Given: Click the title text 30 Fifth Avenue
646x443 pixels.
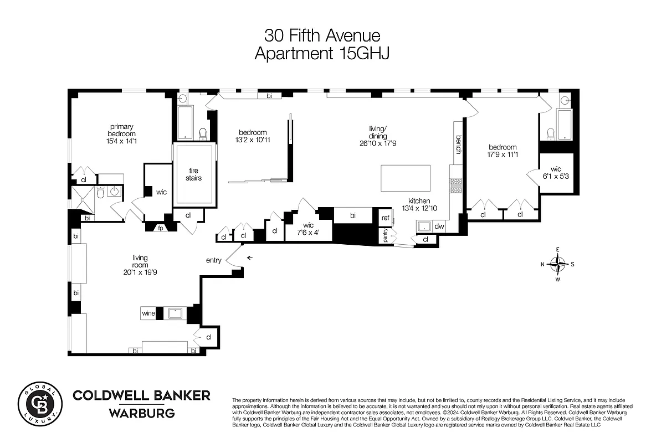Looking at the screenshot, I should click(x=322, y=36).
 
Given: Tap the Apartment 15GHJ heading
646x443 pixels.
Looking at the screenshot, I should click(x=322, y=54).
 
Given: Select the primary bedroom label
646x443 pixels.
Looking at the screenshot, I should click(x=121, y=130).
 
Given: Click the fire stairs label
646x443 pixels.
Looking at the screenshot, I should click(x=193, y=174).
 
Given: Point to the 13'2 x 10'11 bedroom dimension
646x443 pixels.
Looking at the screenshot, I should click(x=253, y=140).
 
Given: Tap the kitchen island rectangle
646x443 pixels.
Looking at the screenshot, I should click(x=406, y=178).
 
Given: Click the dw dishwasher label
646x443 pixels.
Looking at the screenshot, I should click(x=439, y=226).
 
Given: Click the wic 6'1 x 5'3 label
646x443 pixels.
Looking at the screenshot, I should click(x=556, y=173).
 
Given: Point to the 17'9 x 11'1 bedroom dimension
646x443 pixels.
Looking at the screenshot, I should click(x=503, y=154).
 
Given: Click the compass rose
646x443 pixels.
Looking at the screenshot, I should click(x=557, y=264).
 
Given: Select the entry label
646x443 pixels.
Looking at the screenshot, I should click(x=213, y=260).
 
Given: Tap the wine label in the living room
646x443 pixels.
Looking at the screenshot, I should click(x=148, y=313).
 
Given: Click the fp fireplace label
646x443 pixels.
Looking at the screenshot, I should click(x=161, y=228).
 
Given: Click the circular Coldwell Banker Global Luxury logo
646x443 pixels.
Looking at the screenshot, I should click(x=40, y=403).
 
